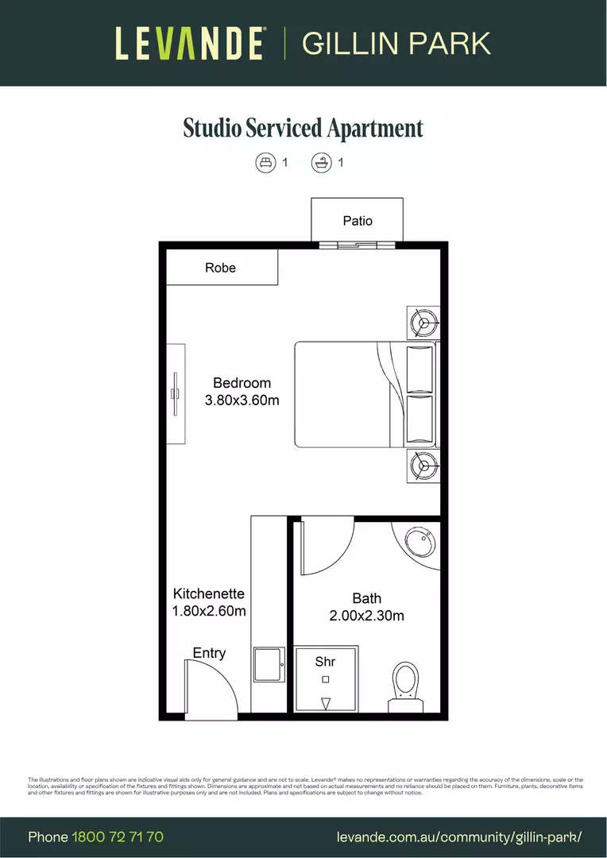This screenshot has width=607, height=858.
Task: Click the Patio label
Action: click(x=358, y=221)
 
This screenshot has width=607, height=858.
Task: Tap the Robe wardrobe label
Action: click(x=220, y=268)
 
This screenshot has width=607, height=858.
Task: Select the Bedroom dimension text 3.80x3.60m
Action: click(x=242, y=400)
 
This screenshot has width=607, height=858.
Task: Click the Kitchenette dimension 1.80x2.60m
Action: click(x=209, y=611)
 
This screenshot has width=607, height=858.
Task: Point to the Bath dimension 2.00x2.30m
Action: click(x=366, y=616)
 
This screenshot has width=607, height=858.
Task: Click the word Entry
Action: click(x=209, y=653)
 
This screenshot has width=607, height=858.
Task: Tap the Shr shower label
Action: click(x=325, y=662)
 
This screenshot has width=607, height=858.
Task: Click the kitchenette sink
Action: click(x=269, y=664)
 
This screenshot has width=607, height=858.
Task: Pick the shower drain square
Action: click(x=325, y=679)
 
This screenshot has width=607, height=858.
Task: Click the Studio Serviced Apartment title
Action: click(x=303, y=128)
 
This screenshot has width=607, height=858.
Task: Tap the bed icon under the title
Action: click(x=265, y=163)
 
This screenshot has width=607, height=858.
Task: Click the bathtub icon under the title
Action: click(x=320, y=163)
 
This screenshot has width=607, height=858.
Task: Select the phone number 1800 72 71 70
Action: click(x=118, y=837)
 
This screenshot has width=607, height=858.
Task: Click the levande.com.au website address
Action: click(x=460, y=837)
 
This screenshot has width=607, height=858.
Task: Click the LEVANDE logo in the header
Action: click(x=190, y=43)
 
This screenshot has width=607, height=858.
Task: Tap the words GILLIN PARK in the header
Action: click(x=396, y=43)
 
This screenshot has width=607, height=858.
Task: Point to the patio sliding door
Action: click(x=357, y=245)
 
